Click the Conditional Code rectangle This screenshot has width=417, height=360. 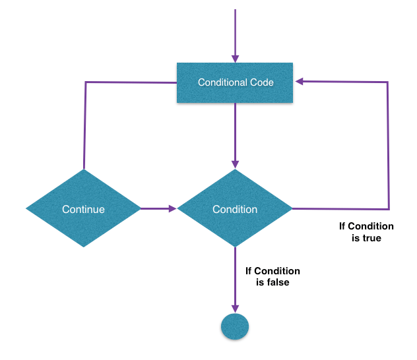(x=235, y=83)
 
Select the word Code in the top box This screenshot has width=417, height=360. (x=261, y=83)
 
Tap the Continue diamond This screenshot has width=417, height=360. (x=83, y=209)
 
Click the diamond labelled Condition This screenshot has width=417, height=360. (x=235, y=209)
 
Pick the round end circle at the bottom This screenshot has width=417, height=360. (x=235, y=326)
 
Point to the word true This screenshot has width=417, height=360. (x=371, y=238)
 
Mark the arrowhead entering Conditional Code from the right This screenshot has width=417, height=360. (x=300, y=82)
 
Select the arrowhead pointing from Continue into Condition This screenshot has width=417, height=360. (x=172, y=209)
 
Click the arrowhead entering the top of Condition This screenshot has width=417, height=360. (x=235, y=164)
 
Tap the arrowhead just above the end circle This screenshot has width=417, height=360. (x=235, y=309)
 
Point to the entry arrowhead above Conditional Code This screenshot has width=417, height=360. (x=235, y=58)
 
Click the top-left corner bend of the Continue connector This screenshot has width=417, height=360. (x=86, y=82)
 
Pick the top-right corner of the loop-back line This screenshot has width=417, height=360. (x=388, y=82)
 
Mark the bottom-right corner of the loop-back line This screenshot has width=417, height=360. (x=388, y=208)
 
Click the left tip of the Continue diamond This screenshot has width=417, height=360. (x=27, y=209)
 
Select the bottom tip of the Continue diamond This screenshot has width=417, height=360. (x=83, y=247)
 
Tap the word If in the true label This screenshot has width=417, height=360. (x=343, y=226)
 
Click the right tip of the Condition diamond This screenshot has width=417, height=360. (x=291, y=209)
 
